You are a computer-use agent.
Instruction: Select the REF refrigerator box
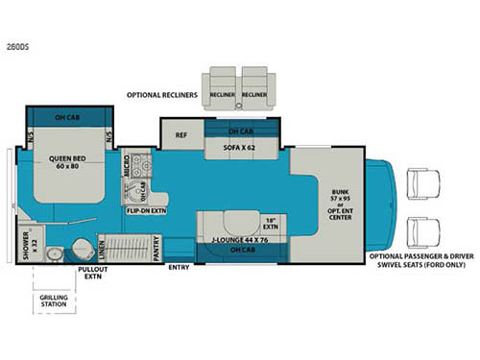pos(180,135)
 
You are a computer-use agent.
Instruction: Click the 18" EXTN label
pos(271,225)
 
